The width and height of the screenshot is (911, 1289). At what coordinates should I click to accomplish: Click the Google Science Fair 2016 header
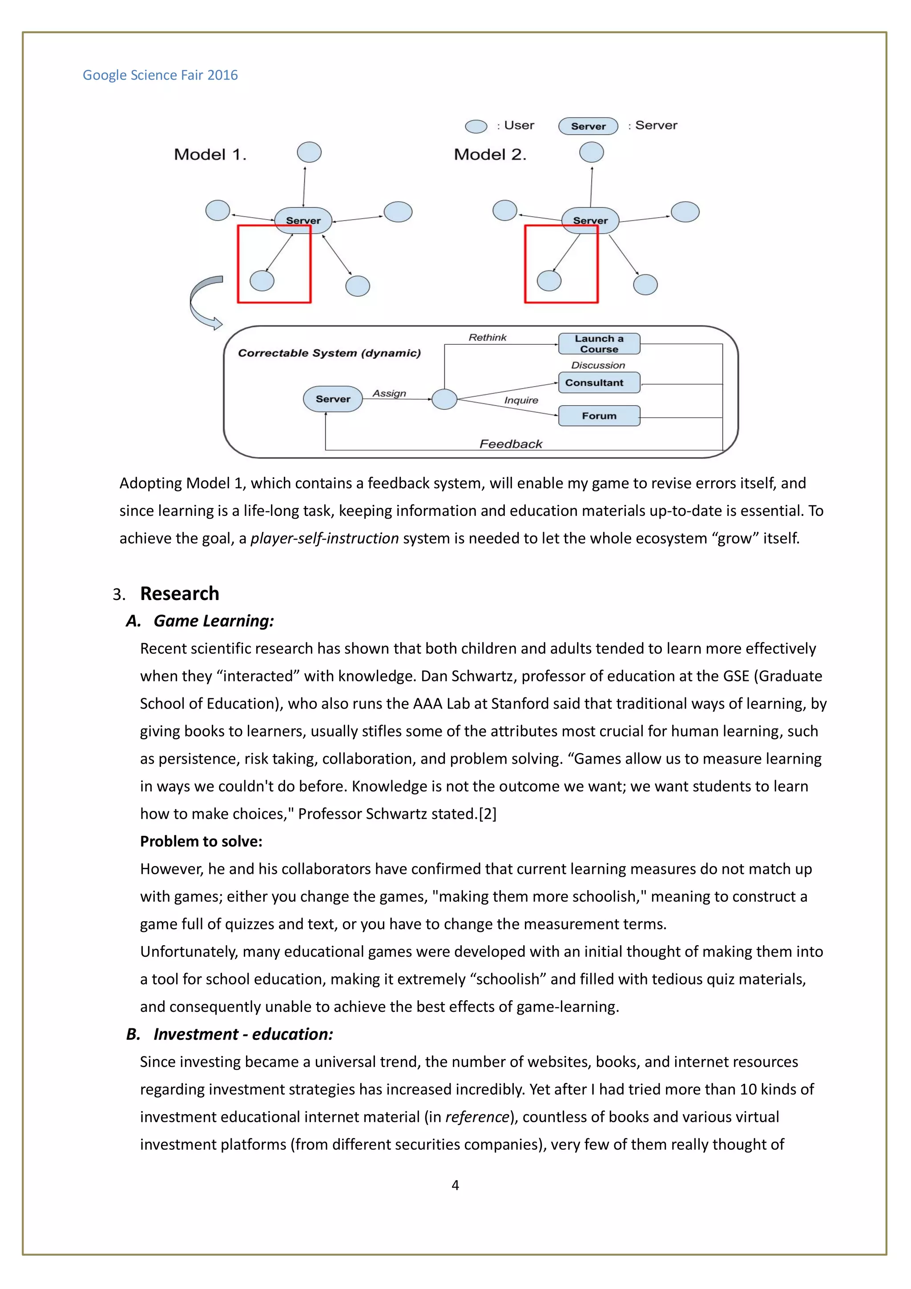click(160, 75)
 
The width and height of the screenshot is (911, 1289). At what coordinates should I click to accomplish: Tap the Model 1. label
click(210, 154)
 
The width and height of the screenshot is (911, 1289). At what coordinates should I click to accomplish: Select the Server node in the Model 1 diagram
click(303, 220)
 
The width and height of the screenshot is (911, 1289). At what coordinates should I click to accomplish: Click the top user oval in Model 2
click(591, 152)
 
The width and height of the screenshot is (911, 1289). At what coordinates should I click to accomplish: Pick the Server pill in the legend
click(588, 126)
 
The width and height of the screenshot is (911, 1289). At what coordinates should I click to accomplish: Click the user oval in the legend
click(476, 126)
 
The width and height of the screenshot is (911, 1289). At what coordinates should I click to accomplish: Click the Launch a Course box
click(599, 343)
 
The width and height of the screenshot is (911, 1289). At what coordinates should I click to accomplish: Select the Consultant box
click(599, 383)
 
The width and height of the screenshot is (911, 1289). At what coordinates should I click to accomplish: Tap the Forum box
click(599, 416)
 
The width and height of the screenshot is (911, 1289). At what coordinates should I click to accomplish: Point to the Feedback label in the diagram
click(511, 444)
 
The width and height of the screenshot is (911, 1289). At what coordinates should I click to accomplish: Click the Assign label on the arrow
click(389, 394)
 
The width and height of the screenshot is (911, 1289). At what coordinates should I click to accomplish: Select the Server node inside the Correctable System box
click(332, 399)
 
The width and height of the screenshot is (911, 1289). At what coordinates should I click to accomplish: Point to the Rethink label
click(487, 338)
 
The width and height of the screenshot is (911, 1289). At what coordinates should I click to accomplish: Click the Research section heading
click(180, 593)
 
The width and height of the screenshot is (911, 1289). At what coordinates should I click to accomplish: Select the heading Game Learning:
click(214, 621)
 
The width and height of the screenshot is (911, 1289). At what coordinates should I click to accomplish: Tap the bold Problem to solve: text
click(201, 841)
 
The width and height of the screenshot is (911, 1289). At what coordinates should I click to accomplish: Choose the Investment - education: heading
click(243, 1034)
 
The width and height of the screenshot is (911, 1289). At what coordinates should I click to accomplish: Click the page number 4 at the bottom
click(455, 1185)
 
